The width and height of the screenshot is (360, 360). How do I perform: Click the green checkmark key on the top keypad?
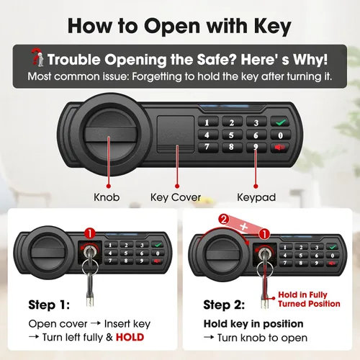pos(281,122)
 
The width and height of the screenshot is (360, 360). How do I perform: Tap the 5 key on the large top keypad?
pos(232,135)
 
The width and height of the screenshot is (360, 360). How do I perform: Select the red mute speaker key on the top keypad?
pos(280,148)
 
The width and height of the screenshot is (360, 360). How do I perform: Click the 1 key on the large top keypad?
pos(207,122)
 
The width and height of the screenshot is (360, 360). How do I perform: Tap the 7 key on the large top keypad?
pos(207,147)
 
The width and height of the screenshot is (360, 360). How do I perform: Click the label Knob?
pos(107,197)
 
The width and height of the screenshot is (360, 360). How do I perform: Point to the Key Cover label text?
pos(176,197)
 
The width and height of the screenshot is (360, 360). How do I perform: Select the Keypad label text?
pos(256,197)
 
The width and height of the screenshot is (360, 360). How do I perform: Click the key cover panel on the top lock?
pos(176,134)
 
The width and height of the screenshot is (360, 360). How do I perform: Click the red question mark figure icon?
pos(37,57)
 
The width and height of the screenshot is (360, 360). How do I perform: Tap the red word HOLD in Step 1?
pos(130,337)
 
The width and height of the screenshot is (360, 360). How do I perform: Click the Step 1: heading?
pos(49,305)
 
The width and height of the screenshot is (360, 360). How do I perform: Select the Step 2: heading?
pos(224,305)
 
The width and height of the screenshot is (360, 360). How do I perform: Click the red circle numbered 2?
pos(224,220)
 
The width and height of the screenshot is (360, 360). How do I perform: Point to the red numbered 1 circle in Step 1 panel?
pos(90,233)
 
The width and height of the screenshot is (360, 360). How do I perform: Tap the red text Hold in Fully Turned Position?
pos(309,299)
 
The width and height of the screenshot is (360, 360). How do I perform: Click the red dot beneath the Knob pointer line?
pos(109,186)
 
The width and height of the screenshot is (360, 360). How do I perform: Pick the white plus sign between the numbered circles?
pos(244,226)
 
